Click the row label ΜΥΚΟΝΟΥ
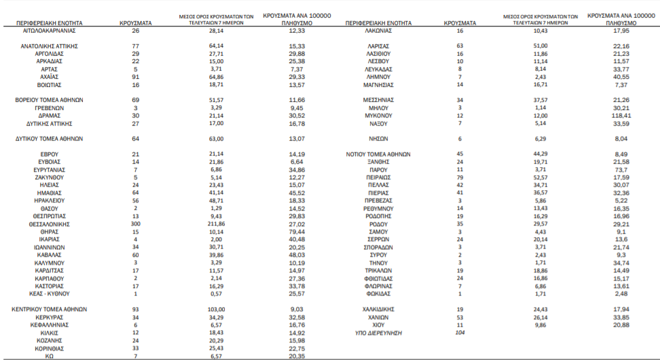coord(380,115)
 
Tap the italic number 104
coord(460,334)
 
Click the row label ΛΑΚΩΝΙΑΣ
coord(380,31)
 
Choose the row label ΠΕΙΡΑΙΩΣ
coord(380,177)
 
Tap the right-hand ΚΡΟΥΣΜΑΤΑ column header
coord(460,22)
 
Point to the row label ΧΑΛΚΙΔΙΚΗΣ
coord(380,308)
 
